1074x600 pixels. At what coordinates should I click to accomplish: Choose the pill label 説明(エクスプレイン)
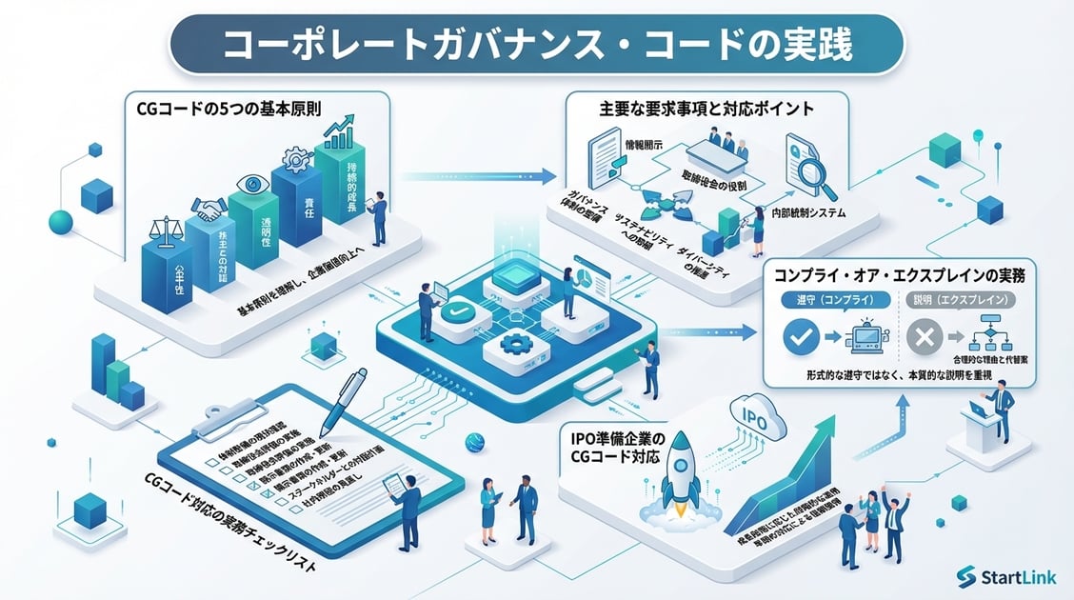[960, 299]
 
